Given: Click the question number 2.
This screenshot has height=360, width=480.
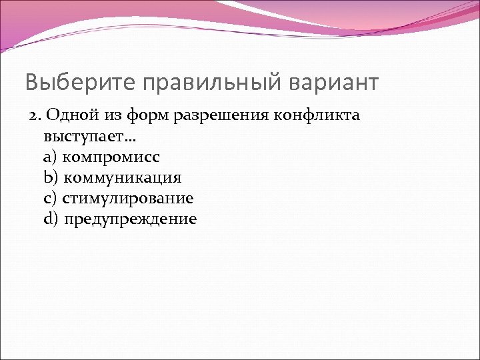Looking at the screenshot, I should pos(33,115).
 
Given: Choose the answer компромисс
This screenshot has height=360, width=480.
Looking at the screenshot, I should pos(111,157).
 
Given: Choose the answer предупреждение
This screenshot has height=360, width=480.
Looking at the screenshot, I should pos(131,219).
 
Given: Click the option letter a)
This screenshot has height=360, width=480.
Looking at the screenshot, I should pos(50,157).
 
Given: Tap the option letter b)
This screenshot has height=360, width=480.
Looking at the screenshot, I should pos(50,177).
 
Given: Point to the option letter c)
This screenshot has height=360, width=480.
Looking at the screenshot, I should pos(50,198).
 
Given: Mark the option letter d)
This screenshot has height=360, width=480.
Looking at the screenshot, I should pos(51,219).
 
